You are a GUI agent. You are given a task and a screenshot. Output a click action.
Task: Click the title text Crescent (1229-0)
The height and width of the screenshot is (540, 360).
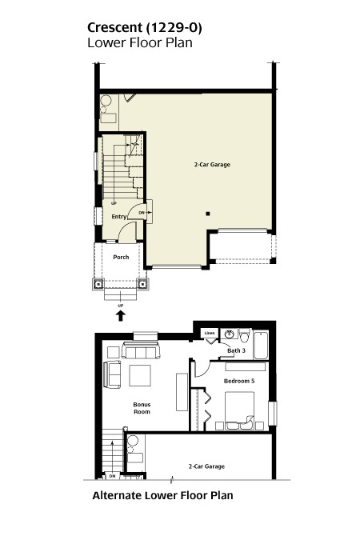tap(144, 28)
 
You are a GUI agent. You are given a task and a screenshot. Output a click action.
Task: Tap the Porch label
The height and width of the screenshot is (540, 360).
tap(121, 258)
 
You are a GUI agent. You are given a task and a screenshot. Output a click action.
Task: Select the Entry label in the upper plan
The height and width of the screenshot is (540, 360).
tap(119, 217)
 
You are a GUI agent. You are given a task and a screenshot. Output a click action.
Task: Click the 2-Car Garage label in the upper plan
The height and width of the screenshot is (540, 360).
tap(212, 165)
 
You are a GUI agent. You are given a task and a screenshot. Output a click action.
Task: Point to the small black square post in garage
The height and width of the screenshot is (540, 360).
tap(208, 214)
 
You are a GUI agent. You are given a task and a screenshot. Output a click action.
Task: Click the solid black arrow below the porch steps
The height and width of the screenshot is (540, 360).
tap(120, 315)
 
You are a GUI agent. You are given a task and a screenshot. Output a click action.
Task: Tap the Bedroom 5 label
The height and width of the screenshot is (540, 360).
tap(239, 381)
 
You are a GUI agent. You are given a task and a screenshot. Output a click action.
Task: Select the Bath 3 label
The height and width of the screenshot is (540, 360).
tap(236, 350)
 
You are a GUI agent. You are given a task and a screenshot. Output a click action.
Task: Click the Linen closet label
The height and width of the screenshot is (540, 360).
tap(210, 333)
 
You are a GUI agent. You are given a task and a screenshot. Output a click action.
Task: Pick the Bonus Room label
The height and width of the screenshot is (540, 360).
tap(142, 408)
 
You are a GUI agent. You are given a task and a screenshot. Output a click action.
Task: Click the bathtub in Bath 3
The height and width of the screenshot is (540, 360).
tap(261, 345)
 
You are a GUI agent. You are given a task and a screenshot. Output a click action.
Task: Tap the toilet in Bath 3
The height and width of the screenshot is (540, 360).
tap(244, 335)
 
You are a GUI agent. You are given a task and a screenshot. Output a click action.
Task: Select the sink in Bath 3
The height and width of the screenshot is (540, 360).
tap(229, 334)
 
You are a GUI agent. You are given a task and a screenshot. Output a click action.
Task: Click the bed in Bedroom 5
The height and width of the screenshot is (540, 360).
tap(240, 410)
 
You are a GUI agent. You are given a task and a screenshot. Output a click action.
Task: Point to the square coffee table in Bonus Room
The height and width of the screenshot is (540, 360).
tap(140, 375)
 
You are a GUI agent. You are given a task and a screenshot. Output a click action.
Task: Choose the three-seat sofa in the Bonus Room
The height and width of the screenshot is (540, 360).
tap(141, 350)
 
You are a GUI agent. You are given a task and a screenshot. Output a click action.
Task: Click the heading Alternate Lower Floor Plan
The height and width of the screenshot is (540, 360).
tap(162, 495)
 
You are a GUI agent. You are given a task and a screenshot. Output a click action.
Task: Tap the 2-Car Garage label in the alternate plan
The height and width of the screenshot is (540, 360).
tap(206, 466)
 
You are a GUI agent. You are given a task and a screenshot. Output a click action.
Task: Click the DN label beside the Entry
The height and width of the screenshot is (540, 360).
tap(142, 213)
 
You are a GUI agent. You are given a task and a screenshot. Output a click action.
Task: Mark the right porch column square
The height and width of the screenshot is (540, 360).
tap(142, 284)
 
